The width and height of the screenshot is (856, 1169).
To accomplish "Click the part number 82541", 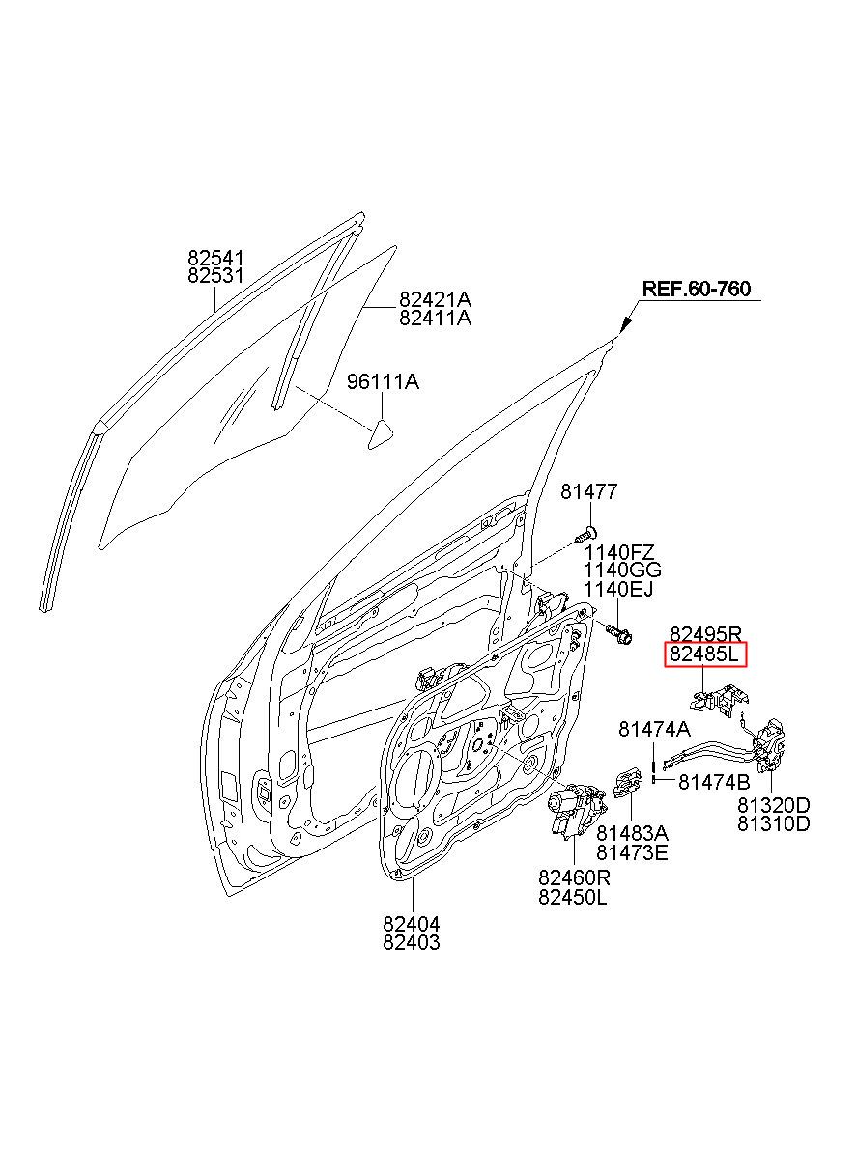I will (215, 258).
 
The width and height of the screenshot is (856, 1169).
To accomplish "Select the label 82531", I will (215, 276).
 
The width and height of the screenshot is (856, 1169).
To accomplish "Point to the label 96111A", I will (383, 382).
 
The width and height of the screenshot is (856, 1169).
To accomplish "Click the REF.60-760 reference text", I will (697, 289).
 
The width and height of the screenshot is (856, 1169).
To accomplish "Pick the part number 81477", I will (588, 493).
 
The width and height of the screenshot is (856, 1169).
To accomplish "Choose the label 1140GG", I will (621, 571).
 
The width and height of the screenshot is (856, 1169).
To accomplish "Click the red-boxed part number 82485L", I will (705, 656).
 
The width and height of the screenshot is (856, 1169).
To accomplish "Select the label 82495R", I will (705, 634).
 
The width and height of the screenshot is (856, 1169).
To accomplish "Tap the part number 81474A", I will (654, 730).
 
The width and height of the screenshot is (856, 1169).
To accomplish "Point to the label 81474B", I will (714, 782).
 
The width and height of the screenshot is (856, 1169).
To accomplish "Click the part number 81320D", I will (774, 805).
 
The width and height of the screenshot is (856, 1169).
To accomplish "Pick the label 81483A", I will (632, 832).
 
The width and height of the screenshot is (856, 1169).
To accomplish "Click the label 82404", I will (411, 923).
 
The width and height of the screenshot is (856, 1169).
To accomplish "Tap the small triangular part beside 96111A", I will (380, 432).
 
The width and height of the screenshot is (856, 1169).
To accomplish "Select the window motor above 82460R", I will (574, 809).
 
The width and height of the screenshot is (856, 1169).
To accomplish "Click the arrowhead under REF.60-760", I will (625, 324).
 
